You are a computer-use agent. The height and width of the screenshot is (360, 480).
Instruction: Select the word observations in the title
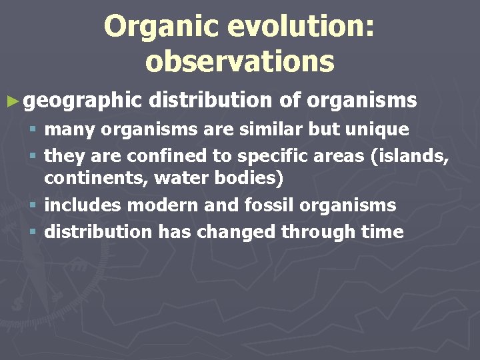tap(239, 61)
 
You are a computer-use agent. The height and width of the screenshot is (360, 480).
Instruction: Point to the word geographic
tap(83, 101)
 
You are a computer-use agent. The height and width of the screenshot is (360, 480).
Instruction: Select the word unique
tap(379, 129)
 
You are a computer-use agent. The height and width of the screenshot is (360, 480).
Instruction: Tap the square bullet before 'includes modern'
tap(35, 206)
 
